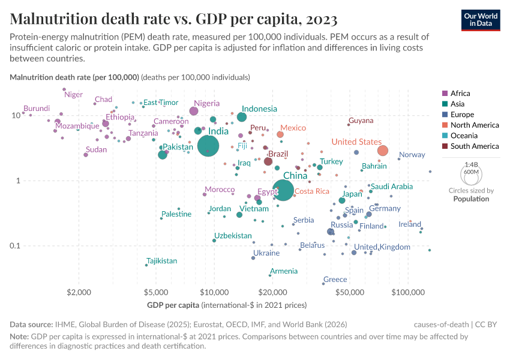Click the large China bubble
pos(283,190)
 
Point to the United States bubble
pos(383,151)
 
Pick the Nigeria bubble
pos(194,111)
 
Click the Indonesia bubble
pos(242,117)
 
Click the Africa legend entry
pos(460,94)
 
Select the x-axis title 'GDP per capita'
pos(178,305)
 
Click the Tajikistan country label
pos(162,261)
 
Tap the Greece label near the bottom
pos(335,280)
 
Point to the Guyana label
pos(361,121)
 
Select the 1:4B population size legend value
pos(471,164)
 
